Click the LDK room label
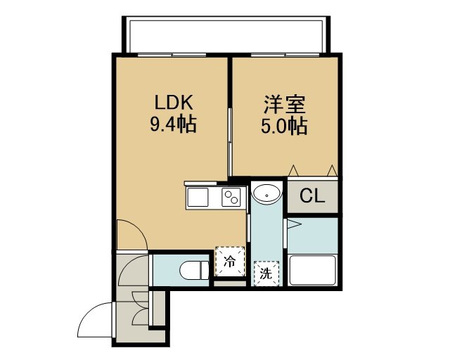pyautogui.click(x=174, y=103)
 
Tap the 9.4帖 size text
pyautogui.click(x=173, y=124)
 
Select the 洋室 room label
pyautogui.click(x=284, y=105)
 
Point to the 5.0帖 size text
pyautogui.click(x=284, y=126)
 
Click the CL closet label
pyautogui.click(x=312, y=196)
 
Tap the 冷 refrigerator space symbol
pyautogui.click(x=230, y=262)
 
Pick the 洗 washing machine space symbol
pyautogui.click(x=266, y=274)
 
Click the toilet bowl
pyautogui.click(x=195, y=270)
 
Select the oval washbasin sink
pyautogui.click(x=266, y=194)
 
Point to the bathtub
pyautogui.click(x=312, y=270)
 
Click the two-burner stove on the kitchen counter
pyautogui.click(x=231, y=198)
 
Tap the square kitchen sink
pyautogui.click(x=198, y=198)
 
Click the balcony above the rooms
pyautogui.click(x=226, y=34)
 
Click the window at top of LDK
pyautogui.click(x=172, y=55)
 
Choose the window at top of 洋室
pyautogui.click(x=285, y=55)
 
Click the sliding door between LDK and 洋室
pyautogui.click(x=230, y=142)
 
